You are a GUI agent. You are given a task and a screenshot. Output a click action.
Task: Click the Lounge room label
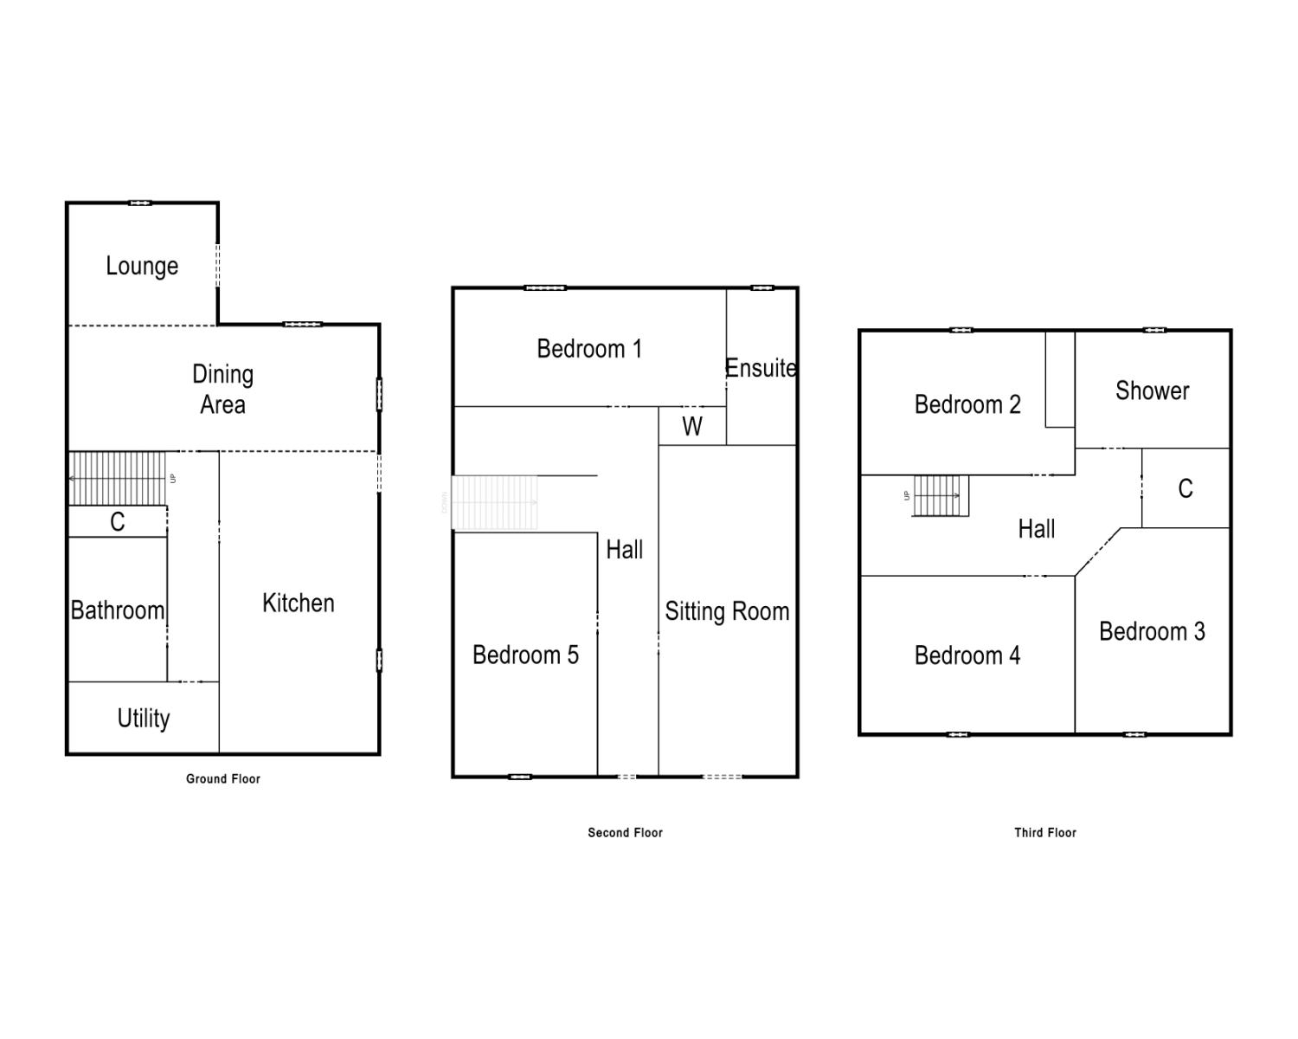tap(142, 266)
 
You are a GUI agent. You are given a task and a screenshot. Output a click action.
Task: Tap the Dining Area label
tap(222, 390)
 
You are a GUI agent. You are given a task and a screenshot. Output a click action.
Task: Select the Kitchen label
tap(298, 603)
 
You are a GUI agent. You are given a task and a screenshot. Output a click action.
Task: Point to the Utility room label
tap(144, 718)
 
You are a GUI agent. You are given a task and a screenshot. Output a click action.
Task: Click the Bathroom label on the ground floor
tap(118, 610)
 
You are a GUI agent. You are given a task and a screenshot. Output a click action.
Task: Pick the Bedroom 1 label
tap(589, 349)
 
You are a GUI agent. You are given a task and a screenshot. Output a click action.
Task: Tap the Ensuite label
tap(761, 368)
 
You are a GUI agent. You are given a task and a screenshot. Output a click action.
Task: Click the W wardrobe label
tap(692, 426)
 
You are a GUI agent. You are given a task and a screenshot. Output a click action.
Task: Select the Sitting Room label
tap(727, 612)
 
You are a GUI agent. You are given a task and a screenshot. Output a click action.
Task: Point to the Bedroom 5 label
tap(525, 655)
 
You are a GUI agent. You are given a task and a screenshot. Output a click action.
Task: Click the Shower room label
tap(1152, 391)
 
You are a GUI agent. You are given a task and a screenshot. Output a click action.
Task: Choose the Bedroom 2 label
tap(967, 404)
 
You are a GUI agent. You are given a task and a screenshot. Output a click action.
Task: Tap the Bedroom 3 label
tap(1152, 631)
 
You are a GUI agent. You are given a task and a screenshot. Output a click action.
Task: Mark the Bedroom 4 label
tap(967, 655)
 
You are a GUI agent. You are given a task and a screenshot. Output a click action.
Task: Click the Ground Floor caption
tap(223, 779)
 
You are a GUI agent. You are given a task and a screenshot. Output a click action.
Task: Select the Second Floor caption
tap(625, 833)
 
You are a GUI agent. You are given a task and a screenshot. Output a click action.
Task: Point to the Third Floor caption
tap(1045, 833)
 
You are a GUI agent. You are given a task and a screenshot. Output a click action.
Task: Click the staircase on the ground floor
tap(117, 478)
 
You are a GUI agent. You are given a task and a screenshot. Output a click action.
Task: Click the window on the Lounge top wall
tap(140, 203)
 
